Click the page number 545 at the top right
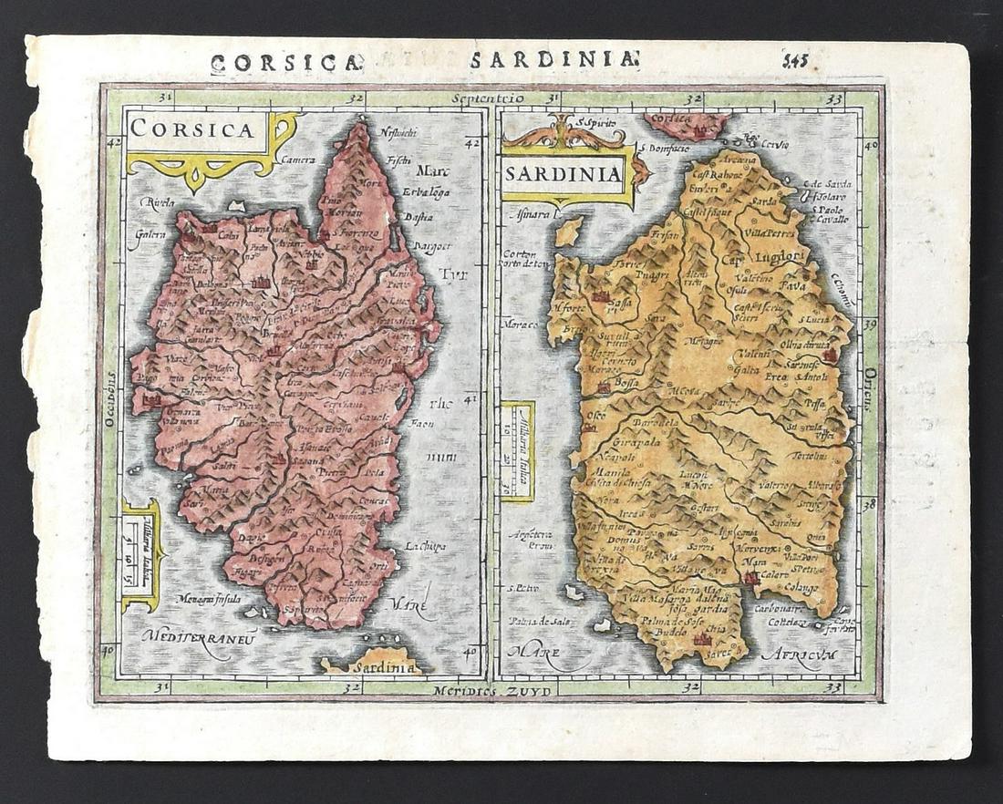point(794,61)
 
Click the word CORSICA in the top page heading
point(284,63)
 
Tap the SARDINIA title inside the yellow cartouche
point(563,173)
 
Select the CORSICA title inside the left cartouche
point(192,129)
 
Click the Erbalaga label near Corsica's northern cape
point(424,191)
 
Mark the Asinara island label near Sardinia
point(527,215)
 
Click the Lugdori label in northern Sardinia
point(780,256)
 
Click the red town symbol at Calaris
point(750,577)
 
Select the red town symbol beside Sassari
point(600,297)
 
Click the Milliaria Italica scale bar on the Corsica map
point(141,555)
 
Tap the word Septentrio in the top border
point(492,96)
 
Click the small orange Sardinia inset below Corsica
point(372,663)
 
